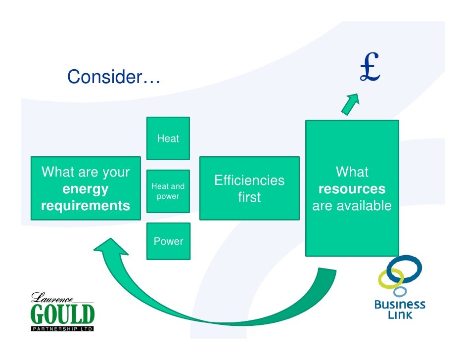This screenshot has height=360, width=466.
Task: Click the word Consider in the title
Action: (x=105, y=77)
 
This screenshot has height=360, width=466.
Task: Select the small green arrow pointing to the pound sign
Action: (x=351, y=103)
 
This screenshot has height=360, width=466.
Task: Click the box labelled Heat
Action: (x=168, y=138)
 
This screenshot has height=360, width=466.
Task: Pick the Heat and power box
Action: (x=168, y=191)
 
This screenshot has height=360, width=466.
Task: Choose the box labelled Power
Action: (x=168, y=241)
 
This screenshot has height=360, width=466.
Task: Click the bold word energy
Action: (x=85, y=189)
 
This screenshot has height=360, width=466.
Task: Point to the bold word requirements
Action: (x=85, y=206)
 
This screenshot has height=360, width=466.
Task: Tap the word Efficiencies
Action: (x=249, y=180)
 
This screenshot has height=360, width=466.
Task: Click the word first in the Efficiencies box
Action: (x=249, y=197)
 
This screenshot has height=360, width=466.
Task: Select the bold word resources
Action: (x=352, y=189)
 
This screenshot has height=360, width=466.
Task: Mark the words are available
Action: (x=352, y=206)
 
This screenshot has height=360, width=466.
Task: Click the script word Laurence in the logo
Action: (x=52, y=298)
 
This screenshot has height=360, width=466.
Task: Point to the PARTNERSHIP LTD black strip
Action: (x=62, y=329)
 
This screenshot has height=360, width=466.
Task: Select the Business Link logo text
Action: (x=400, y=309)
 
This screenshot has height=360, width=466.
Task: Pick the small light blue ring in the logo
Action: (x=399, y=291)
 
